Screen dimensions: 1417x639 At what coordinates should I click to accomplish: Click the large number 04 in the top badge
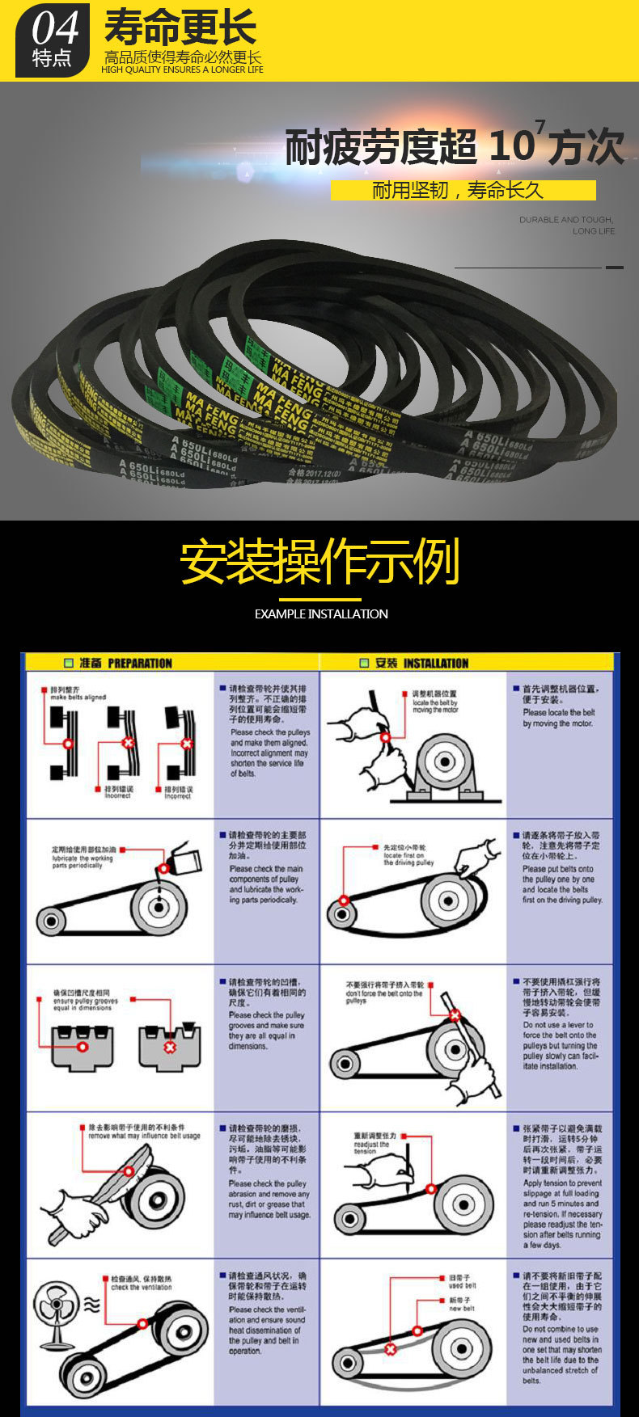click(55, 28)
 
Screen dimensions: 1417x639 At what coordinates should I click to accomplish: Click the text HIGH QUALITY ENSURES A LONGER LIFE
click(182, 70)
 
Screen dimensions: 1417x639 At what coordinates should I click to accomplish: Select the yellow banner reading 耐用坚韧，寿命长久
click(463, 190)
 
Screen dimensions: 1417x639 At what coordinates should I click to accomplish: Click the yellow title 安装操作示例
click(319, 562)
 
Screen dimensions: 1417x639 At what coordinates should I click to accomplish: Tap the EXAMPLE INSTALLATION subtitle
click(320, 614)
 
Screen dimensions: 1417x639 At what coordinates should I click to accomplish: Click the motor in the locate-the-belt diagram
click(442, 762)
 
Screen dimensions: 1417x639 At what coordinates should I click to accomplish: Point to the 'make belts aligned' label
click(78, 694)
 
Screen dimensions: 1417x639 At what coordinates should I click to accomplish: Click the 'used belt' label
click(462, 1282)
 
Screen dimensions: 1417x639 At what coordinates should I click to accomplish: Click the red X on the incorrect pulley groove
click(170, 1047)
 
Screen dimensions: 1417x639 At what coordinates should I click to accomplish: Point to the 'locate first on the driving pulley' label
click(408, 855)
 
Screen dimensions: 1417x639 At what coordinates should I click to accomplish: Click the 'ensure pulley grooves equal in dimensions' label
click(84, 1001)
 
